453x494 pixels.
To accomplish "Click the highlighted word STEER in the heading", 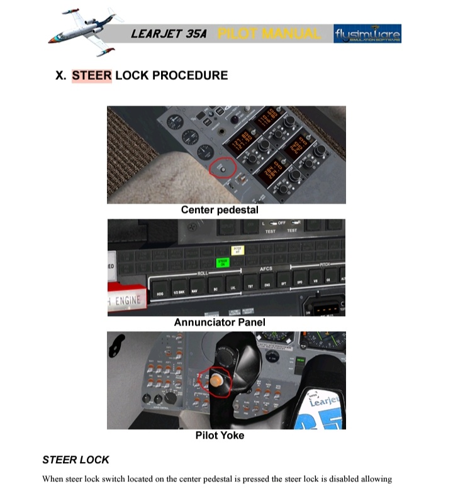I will click(91, 75).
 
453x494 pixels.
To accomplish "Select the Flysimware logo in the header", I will click(367, 33).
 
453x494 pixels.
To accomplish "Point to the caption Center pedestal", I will click(220, 210).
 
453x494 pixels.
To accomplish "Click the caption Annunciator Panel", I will click(220, 322).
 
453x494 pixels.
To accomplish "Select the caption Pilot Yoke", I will click(220, 435).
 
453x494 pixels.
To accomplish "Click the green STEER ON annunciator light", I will click(222, 261).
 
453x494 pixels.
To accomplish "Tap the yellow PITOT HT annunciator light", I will click(237, 251).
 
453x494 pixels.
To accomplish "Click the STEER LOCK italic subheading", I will click(75, 459).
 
